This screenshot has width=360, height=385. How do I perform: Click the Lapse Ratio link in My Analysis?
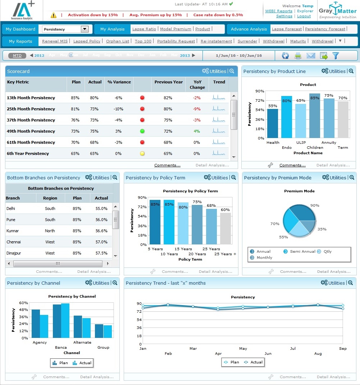(144, 29)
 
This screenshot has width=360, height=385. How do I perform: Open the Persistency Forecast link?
(325, 29)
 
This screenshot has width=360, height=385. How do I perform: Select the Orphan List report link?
(118, 41)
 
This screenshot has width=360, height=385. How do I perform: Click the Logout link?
(304, 16)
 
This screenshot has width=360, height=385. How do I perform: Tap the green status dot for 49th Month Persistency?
(142, 131)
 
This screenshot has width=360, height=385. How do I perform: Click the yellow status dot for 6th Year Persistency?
(142, 153)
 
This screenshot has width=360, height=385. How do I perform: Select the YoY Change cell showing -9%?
(197, 109)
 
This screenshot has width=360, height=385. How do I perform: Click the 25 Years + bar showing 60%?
(225, 229)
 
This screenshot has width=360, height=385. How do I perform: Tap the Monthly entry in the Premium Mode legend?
(264, 258)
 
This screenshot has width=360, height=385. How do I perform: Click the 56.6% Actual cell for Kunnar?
(101, 231)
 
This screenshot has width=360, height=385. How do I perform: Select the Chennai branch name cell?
(14, 242)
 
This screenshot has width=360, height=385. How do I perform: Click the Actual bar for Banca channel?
(65, 321)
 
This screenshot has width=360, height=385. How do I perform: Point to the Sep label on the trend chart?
(343, 348)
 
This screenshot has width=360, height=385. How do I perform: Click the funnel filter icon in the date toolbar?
(336, 56)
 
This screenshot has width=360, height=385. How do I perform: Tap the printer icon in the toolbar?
(298, 56)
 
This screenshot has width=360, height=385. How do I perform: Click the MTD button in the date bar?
(17, 56)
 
